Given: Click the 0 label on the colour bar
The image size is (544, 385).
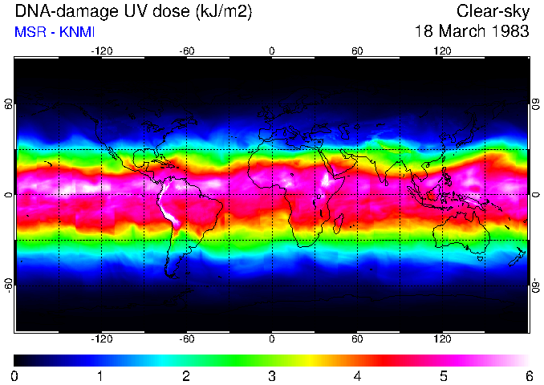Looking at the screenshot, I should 15,375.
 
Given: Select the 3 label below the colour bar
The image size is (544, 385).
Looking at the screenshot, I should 271,375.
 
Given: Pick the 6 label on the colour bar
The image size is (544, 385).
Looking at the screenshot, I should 528,375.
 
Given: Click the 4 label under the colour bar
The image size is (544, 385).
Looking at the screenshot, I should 357,375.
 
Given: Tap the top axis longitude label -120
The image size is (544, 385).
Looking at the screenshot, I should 101,51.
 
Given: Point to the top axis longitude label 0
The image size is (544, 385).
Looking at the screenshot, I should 271,51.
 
